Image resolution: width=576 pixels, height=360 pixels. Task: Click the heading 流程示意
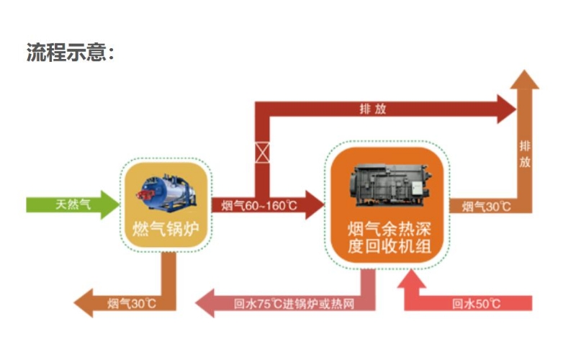point(69,53)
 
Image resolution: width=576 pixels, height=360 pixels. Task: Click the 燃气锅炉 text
point(166,230)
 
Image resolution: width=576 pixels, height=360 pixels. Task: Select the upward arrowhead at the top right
point(524,80)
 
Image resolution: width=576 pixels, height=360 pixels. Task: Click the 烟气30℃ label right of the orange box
point(486,207)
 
